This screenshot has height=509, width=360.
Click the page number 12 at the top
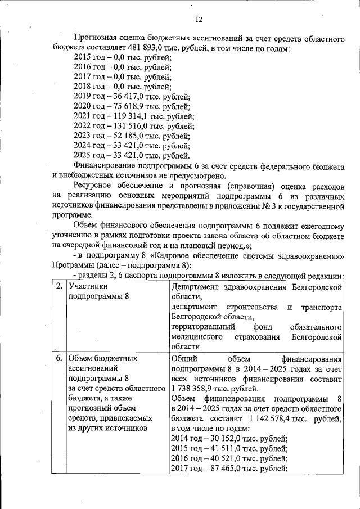click(198, 21)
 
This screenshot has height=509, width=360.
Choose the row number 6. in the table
click(60, 358)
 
